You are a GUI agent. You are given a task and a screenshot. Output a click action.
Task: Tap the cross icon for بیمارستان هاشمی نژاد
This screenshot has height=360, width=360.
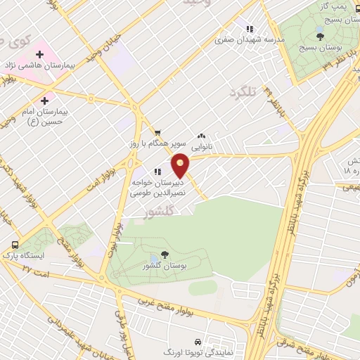(39, 53)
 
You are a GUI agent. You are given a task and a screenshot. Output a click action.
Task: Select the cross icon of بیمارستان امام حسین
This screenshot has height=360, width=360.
(45, 101)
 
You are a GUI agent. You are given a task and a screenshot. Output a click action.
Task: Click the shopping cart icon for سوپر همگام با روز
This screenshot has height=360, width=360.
(157, 131)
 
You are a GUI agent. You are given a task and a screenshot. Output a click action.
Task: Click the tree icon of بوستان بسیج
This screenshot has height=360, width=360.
(320, 35)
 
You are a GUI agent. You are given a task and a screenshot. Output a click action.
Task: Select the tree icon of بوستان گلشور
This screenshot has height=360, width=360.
(165, 255)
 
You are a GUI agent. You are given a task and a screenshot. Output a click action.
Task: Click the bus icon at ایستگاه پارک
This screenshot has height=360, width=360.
(15, 245)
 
